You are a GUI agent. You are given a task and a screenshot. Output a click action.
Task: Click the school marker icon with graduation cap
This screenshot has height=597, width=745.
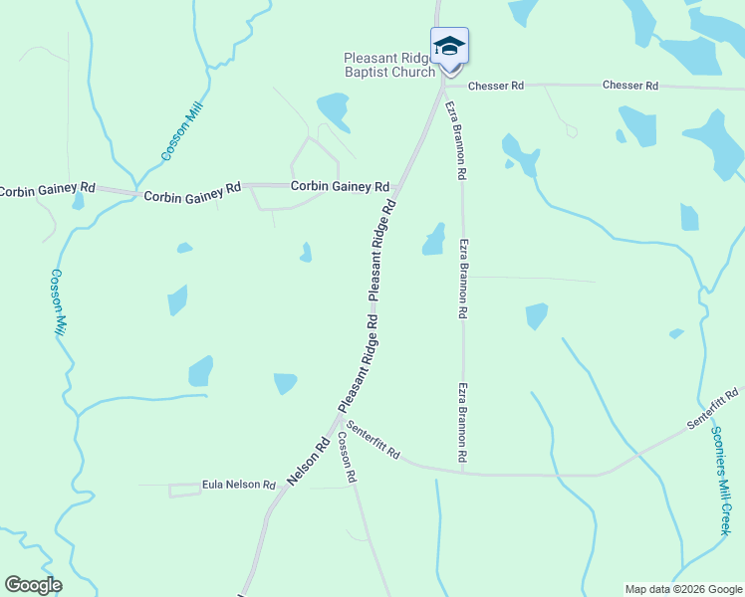coord(449,47)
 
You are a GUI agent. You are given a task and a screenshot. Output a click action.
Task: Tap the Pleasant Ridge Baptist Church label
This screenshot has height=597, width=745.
coord(389,65)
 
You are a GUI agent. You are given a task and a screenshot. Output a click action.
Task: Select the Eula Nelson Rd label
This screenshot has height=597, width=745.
coord(238,485)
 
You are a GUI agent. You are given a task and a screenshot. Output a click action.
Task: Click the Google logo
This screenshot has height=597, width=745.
coord(33,585)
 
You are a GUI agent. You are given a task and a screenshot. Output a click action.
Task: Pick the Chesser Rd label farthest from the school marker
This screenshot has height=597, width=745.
coord(630,86)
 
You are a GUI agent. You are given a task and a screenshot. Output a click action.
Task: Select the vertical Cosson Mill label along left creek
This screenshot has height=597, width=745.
coord(57,302)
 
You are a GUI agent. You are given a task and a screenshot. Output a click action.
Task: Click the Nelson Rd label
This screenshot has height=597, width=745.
coord(308,463)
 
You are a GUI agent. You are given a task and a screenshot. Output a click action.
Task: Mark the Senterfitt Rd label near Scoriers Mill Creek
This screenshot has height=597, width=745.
coord(713,410)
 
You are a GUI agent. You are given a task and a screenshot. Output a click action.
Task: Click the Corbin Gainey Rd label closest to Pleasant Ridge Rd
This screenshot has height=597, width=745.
coord(340,186)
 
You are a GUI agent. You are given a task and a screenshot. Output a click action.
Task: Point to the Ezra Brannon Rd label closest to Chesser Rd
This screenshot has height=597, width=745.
coord(454,139)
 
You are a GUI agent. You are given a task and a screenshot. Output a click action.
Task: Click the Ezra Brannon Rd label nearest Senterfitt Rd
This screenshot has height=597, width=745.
coord(463,422)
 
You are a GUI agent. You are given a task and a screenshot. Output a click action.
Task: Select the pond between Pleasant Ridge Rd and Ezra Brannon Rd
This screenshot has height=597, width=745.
coord(433,239)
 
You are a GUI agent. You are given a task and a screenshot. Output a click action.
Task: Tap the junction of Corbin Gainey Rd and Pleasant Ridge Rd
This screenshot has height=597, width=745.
coord(399,186)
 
